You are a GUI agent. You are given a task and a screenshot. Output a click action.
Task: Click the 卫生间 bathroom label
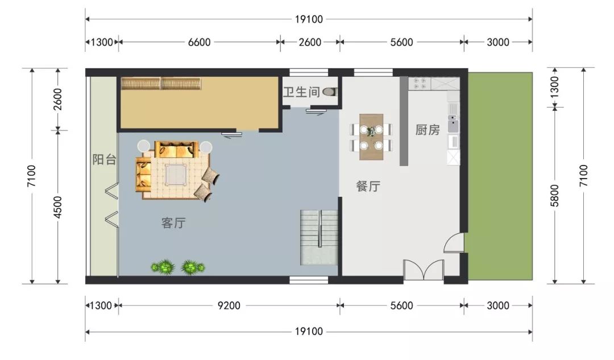pos(301,92)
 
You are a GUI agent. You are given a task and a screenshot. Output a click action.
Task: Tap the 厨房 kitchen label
pos(428,130)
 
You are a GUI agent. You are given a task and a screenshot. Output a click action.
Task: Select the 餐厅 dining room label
pos(368,185)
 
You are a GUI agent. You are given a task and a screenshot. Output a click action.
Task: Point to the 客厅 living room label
pos(173,223)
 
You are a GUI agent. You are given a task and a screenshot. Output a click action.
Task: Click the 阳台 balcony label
pos(104,159)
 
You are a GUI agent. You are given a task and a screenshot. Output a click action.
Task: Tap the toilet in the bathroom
pos(330,92)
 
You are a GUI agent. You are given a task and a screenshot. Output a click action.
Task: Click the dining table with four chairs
pos(371,137)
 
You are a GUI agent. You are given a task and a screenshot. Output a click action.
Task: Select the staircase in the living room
pos(319,238)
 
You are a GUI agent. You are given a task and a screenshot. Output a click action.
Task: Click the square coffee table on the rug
pos(176,175)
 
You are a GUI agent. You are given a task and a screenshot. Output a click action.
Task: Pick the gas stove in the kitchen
pos(420,84)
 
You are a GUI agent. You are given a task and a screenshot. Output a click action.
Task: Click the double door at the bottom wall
pos(424,270)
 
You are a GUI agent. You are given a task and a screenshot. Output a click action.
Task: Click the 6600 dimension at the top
pos(200,42)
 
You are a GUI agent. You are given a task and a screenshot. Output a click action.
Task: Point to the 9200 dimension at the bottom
pos(229,305)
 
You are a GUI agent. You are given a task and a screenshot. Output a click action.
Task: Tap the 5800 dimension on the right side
pos(555,195)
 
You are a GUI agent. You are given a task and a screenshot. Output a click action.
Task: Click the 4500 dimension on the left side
pos(57,207)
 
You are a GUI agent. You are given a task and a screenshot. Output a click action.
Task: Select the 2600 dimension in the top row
pos(310,42)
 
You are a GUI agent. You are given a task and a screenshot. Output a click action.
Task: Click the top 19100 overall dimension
pos(309,19)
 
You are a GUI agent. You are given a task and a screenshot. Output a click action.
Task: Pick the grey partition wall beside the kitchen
pos(404,121)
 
